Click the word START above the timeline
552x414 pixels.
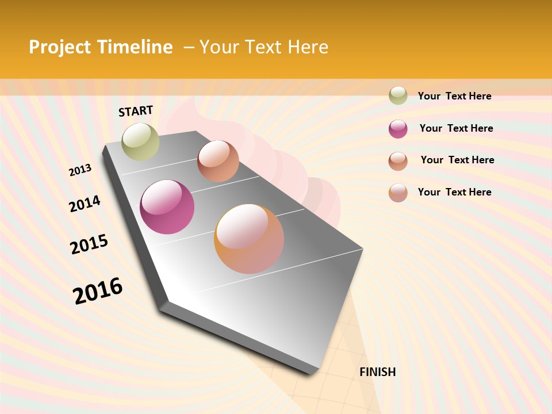(136, 111)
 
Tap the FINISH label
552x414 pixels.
(377, 372)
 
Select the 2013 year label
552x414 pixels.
(80, 170)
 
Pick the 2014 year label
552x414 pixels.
(85, 204)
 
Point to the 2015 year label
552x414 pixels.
(89, 244)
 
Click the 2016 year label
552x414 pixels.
(98, 291)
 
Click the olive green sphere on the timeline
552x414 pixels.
(140, 142)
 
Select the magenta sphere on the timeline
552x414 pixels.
(167, 207)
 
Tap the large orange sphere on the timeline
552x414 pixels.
(249, 239)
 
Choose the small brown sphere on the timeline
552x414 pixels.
(218, 161)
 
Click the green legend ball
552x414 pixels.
(398, 96)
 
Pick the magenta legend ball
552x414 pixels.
(398, 129)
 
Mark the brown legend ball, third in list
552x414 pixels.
(398, 161)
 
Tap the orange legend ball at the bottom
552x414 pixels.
(398, 193)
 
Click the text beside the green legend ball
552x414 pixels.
(454, 96)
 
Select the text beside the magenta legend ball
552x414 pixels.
(456, 128)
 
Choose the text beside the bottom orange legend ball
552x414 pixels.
(454, 192)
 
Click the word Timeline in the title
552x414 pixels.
(135, 47)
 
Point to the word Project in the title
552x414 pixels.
(60, 47)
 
